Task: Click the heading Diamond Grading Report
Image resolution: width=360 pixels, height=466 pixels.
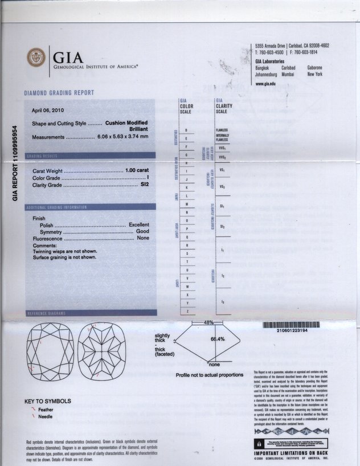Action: [59, 92]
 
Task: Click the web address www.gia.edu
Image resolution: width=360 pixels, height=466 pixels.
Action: [267, 84]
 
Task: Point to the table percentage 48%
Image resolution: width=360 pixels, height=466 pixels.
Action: [208, 322]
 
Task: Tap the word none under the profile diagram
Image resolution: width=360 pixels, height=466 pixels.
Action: [214, 363]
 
